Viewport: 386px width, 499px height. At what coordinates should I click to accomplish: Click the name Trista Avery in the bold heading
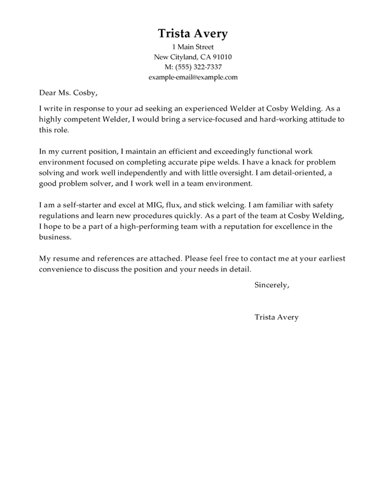coord(193,32)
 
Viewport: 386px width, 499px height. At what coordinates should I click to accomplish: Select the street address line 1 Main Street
coord(193,47)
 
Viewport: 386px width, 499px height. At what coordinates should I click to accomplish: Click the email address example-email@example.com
coord(193,77)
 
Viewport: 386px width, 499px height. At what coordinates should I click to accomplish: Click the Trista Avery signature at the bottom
coord(275,317)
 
